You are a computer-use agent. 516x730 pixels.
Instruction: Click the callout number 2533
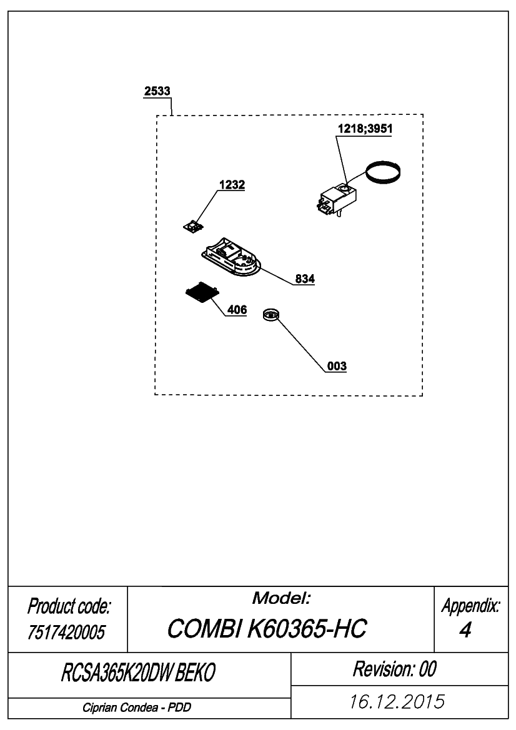coord(157,91)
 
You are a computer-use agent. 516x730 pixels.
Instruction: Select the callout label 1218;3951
coord(365,129)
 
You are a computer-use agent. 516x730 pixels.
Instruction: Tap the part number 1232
coord(232,185)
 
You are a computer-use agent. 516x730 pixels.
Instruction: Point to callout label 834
coord(305,279)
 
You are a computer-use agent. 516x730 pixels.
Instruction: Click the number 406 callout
coord(237,310)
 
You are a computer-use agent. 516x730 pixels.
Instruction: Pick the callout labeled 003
coord(337,366)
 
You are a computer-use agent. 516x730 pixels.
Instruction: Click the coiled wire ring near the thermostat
coord(382,173)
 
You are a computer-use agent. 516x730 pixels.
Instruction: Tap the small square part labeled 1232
coord(193,227)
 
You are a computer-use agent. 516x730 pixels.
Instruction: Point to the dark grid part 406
coord(202,293)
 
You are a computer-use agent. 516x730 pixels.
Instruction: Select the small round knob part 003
coord(270,315)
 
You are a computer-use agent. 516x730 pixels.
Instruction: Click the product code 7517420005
coord(66,632)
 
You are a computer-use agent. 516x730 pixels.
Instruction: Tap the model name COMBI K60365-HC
coord(267,628)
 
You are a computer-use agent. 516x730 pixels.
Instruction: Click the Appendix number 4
coord(465,630)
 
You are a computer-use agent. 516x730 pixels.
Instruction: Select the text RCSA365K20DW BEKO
coord(138,673)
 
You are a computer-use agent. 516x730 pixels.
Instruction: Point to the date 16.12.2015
coord(397,702)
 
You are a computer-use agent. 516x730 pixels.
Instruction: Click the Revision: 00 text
coord(394,669)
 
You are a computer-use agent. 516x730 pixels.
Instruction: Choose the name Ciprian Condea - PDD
coord(137,708)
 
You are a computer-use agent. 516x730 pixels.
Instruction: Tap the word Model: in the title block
coord(281,598)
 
